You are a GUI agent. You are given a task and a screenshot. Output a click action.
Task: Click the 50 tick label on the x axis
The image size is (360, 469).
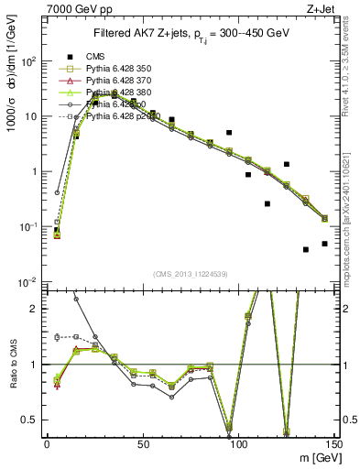point(143,443)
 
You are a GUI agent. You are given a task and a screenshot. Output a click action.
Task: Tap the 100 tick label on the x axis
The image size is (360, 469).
point(238,443)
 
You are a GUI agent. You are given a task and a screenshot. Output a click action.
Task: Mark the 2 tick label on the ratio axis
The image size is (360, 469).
point(37,309)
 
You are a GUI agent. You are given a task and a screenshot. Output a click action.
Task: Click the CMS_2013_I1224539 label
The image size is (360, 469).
point(191,274)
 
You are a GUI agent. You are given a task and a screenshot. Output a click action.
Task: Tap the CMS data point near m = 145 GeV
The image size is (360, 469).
point(324,244)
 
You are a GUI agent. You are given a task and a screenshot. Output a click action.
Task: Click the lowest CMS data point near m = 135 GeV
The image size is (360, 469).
point(306,249)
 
